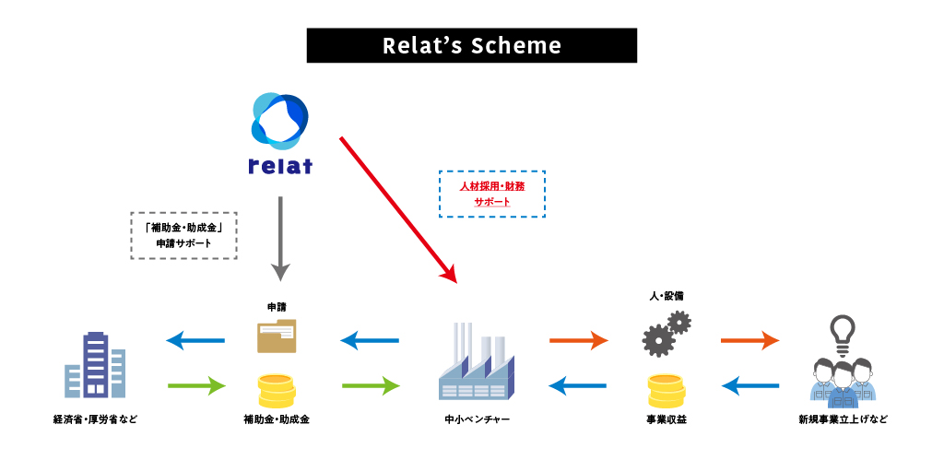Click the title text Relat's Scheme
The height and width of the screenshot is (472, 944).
[471, 45]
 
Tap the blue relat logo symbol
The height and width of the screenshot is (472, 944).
[279, 122]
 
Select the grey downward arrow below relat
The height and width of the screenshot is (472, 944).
[280, 239]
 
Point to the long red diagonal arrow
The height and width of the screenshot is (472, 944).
[398, 208]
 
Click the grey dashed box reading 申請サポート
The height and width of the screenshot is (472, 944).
[184, 235]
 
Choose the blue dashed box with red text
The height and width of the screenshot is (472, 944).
[491, 194]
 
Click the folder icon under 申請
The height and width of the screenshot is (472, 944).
[277, 336]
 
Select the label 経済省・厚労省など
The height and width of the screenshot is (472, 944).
[95, 420]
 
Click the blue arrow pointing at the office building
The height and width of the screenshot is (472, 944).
[195, 341]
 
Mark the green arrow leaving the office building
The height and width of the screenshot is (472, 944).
[196, 384]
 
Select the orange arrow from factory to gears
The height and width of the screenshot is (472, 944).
[579, 341]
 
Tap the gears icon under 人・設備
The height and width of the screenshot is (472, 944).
[666, 334]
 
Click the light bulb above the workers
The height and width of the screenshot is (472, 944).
[843, 331]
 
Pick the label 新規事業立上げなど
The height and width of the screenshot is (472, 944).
[843, 420]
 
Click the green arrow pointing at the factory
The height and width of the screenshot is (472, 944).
[371, 384]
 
